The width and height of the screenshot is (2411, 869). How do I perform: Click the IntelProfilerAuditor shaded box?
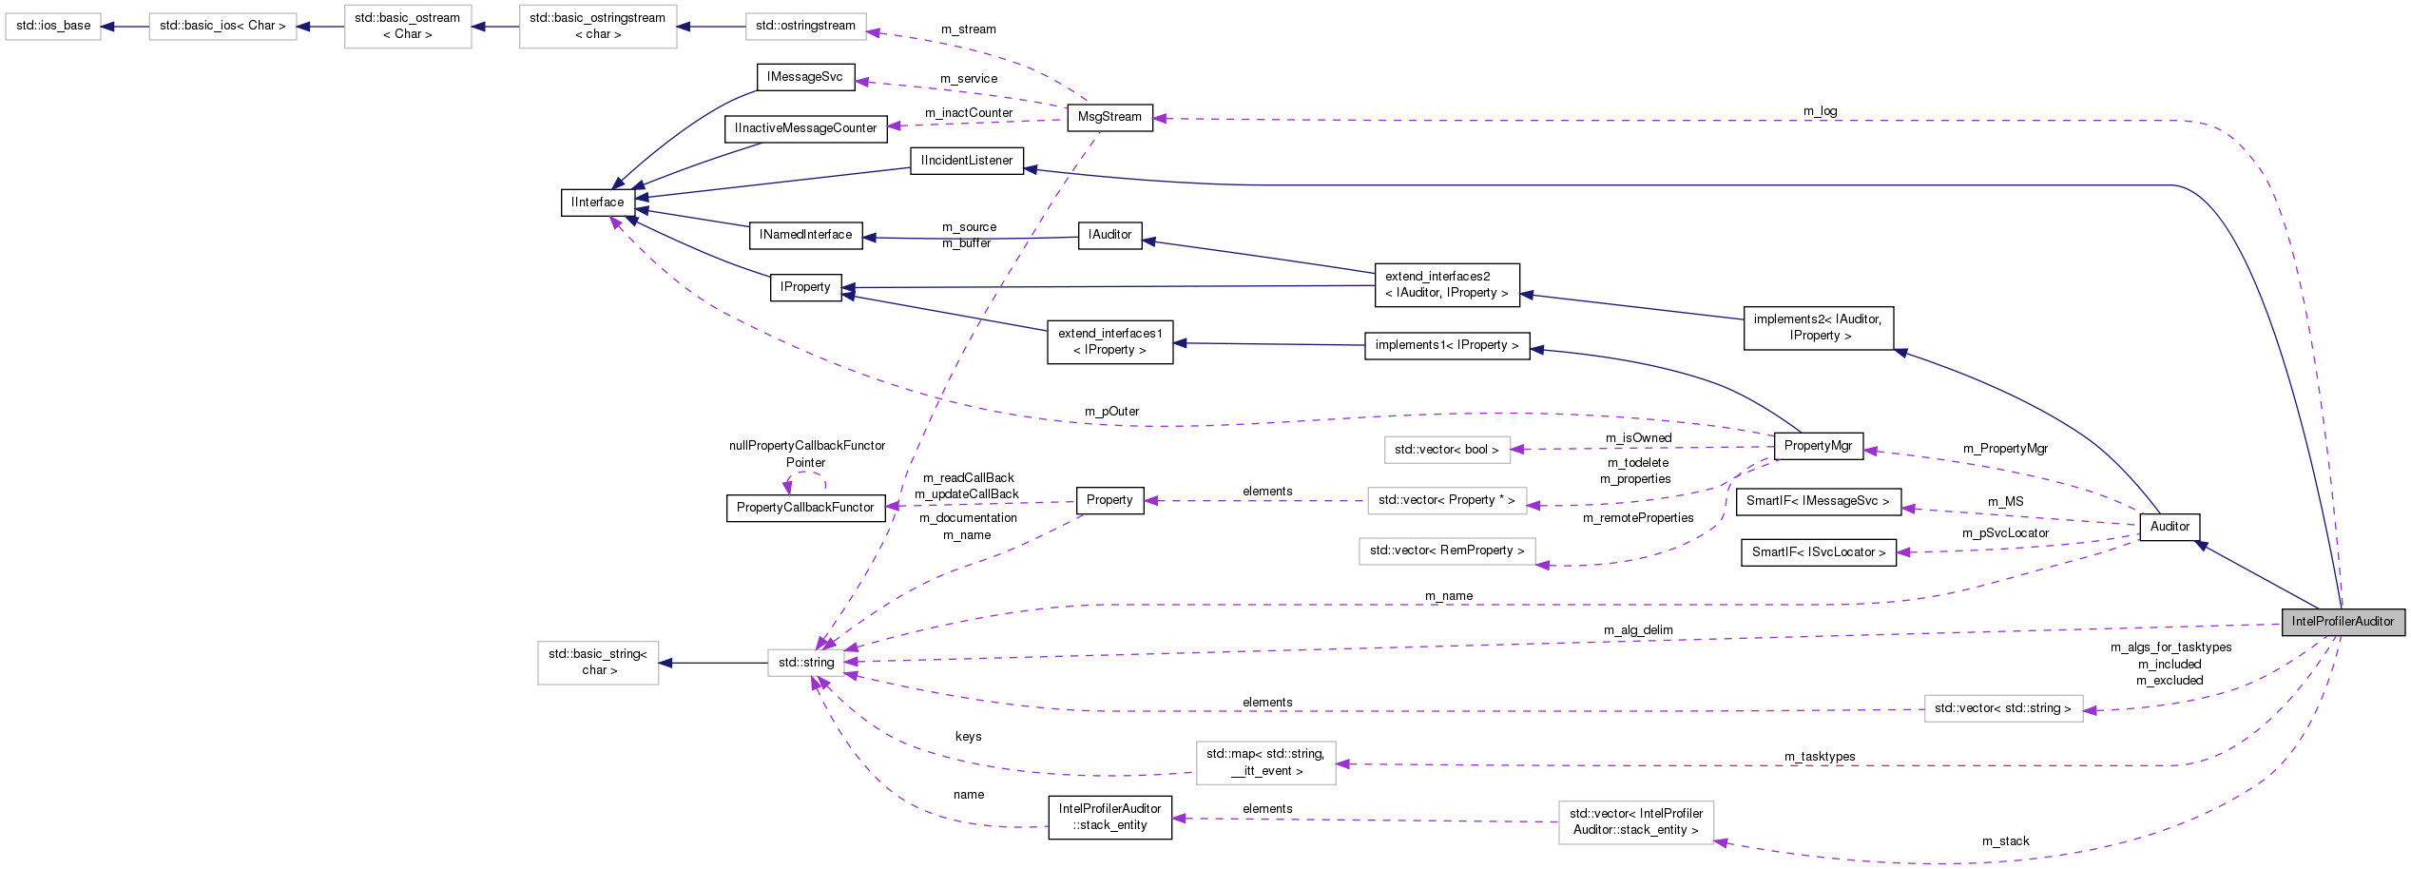click(2343, 622)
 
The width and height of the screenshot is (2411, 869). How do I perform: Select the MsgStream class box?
click(1109, 117)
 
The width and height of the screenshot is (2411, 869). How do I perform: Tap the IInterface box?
click(598, 203)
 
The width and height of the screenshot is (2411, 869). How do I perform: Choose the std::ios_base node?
click(53, 26)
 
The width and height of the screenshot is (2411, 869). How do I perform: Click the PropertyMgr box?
click(1818, 446)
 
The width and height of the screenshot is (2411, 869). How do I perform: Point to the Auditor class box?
click(2170, 527)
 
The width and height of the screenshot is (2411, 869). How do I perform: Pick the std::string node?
click(806, 663)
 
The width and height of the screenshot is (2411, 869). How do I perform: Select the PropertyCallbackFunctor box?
click(805, 508)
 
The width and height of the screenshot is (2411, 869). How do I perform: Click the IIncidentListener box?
click(967, 161)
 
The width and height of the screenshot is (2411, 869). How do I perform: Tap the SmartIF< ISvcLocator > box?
click(1818, 552)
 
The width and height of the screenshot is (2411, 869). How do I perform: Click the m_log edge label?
click(1820, 111)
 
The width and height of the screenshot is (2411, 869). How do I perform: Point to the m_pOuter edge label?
click(1111, 412)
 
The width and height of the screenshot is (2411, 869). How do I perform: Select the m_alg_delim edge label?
click(1638, 630)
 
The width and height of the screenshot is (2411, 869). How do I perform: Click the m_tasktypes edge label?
click(1820, 757)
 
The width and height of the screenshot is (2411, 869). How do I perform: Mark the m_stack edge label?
click(2005, 841)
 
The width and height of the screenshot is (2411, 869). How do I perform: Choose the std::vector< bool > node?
click(1446, 450)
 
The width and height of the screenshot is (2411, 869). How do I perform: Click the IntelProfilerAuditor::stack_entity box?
click(1109, 818)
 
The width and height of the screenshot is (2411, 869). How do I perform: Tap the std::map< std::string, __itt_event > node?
click(1265, 763)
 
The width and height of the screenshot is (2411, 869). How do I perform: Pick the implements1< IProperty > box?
click(1446, 345)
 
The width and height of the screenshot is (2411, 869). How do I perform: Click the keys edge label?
click(968, 737)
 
